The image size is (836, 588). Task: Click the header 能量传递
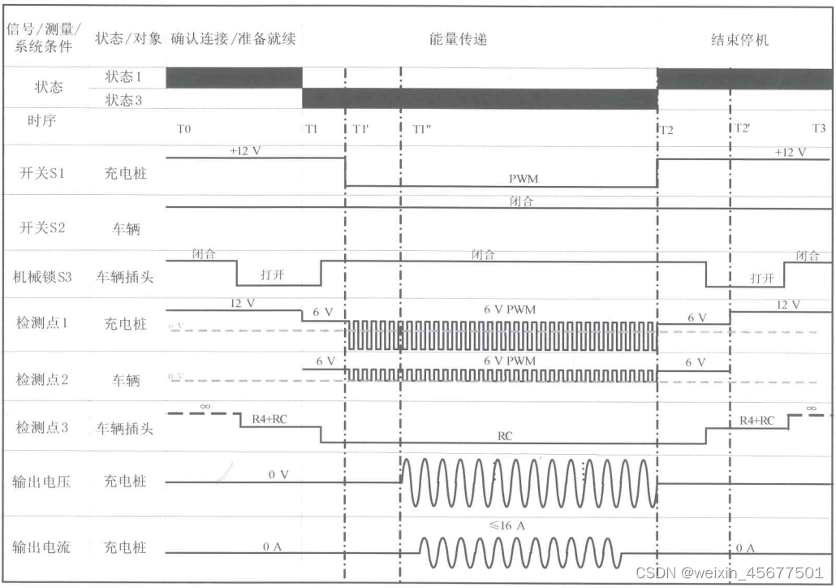click(x=459, y=39)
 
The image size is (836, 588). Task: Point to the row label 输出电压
click(x=41, y=481)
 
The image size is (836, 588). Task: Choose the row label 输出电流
click(x=41, y=547)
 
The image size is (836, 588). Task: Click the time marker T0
click(x=184, y=129)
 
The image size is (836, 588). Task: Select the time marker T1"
click(x=423, y=129)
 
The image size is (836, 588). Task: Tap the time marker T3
click(x=818, y=129)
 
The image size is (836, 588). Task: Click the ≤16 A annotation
click(x=506, y=526)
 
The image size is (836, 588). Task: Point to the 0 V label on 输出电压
click(x=278, y=474)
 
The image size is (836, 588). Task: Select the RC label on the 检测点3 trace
click(x=506, y=435)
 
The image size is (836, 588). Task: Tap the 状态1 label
click(x=124, y=76)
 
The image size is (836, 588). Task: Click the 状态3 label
click(x=124, y=99)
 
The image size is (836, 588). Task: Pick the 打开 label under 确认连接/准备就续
click(x=273, y=275)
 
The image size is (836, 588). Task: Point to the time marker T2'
click(x=743, y=129)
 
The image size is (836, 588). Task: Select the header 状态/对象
click(x=128, y=39)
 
